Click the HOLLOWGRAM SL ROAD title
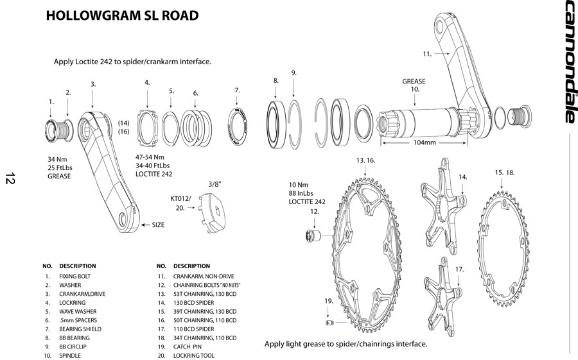pos(122,15)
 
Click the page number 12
pos(10,178)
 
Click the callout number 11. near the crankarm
pos(427,54)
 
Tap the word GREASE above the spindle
pos(415,81)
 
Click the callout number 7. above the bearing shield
pos(237,90)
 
